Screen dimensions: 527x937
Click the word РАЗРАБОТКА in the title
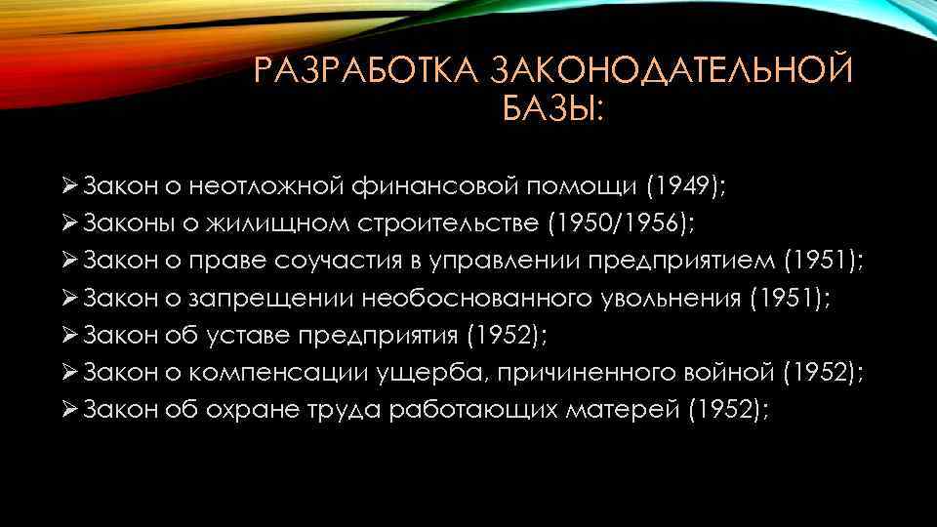click(x=365, y=73)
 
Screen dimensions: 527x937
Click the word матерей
click(x=631, y=411)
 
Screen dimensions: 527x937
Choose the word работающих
click(x=472, y=411)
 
